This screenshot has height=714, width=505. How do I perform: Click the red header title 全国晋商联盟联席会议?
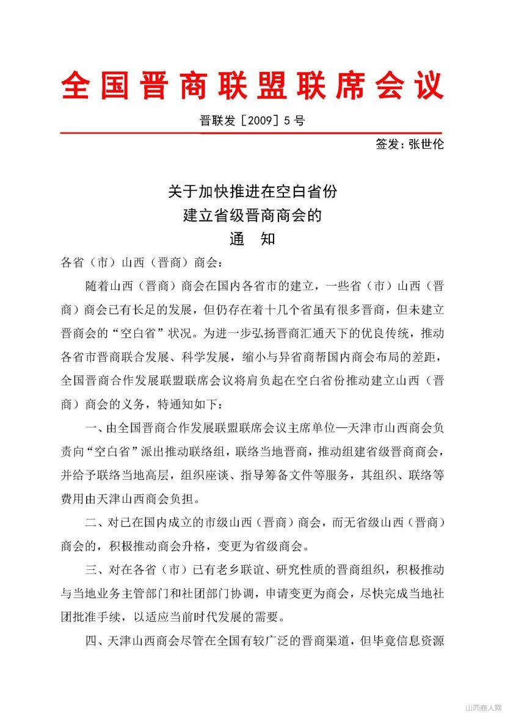coord(252,85)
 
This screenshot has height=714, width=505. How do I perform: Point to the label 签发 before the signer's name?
coord(388,145)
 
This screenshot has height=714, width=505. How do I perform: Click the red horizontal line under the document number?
coord(251,132)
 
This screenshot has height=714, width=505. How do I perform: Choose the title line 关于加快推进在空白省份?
coord(252,192)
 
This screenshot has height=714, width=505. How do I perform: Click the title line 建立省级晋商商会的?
coord(252,215)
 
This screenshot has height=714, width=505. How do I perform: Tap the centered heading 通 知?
coord(252,239)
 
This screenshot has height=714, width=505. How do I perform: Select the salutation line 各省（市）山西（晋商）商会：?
coord(144,264)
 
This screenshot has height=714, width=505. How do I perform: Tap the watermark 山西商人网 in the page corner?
coord(483,707)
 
